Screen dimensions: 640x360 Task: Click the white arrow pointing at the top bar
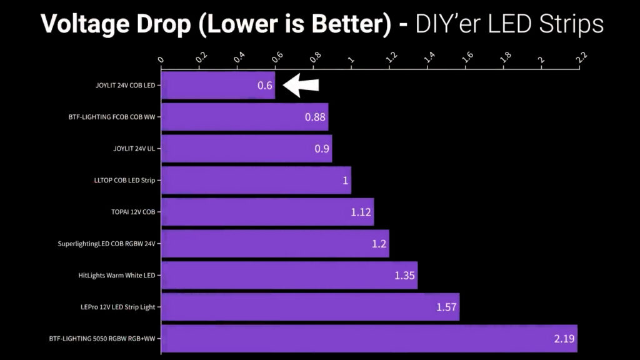click(x=301, y=85)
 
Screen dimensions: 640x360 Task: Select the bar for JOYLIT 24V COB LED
click(x=218, y=85)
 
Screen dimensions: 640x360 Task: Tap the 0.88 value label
click(x=315, y=117)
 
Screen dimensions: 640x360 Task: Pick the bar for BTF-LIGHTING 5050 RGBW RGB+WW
click(x=369, y=338)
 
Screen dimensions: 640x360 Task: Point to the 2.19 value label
click(x=564, y=338)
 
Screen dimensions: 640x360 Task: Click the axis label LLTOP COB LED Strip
click(x=124, y=181)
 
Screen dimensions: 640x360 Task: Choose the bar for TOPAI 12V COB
click(x=267, y=212)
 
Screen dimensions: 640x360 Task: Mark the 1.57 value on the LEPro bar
click(x=446, y=307)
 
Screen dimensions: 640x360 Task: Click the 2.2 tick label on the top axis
click(x=581, y=57)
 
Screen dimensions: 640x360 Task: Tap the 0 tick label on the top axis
click(x=161, y=60)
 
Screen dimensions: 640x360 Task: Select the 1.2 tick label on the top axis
click(x=391, y=57)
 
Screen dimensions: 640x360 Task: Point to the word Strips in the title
click(x=571, y=24)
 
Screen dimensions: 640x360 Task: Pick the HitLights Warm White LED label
click(x=117, y=276)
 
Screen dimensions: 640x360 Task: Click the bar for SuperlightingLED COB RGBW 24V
click(x=276, y=244)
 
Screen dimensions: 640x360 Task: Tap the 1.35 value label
click(x=404, y=276)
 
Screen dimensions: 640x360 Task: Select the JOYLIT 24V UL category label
click(x=134, y=149)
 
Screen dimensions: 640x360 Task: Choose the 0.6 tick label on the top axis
click(x=277, y=57)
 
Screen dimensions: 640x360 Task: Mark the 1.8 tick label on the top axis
click(x=505, y=57)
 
